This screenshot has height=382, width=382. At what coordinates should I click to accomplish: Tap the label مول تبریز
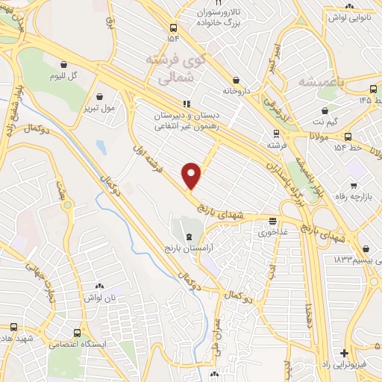(x=99, y=108)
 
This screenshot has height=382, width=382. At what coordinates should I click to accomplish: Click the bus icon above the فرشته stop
(x=276, y=134)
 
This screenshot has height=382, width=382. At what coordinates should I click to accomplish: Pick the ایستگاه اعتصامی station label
(x=78, y=345)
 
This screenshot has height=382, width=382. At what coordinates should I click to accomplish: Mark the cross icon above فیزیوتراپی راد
(x=343, y=353)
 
